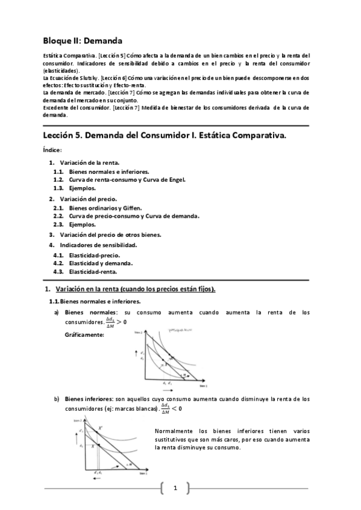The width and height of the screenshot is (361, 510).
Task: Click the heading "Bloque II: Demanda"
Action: tap(82, 41)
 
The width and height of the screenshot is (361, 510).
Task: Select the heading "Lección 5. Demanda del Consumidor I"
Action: tap(164, 136)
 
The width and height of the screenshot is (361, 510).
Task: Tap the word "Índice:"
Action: tap(52, 150)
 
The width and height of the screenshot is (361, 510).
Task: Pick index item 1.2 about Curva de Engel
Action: tap(127, 179)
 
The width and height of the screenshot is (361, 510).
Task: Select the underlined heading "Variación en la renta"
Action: tap(135, 289)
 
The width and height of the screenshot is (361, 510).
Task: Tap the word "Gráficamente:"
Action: tap(84, 334)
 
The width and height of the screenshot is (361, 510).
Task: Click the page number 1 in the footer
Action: tap(175, 488)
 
